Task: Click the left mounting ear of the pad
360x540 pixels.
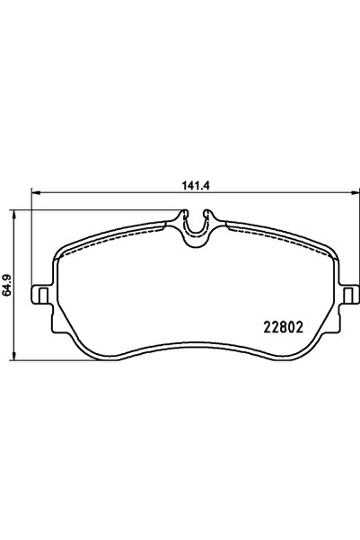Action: [x=39, y=295]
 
